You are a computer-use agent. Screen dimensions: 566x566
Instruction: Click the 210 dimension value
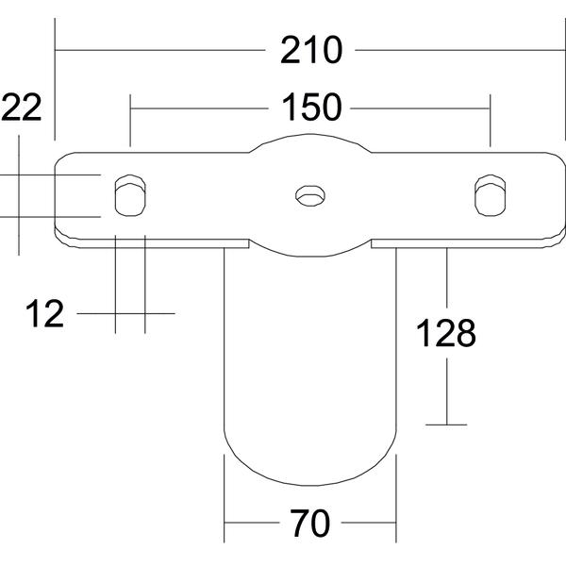[x=310, y=50]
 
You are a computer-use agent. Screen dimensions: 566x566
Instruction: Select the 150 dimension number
[x=310, y=107]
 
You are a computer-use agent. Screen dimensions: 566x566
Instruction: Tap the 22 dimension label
[x=21, y=108]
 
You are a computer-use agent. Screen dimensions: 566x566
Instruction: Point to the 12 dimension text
[x=44, y=314]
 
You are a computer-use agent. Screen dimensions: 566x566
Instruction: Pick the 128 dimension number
[x=446, y=333]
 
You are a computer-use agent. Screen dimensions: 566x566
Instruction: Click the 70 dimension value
[x=310, y=523]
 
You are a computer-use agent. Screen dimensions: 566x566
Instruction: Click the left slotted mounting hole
[x=130, y=195]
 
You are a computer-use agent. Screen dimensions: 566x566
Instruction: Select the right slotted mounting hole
[x=490, y=195]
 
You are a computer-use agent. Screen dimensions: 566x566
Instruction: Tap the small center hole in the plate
[x=310, y=196]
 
